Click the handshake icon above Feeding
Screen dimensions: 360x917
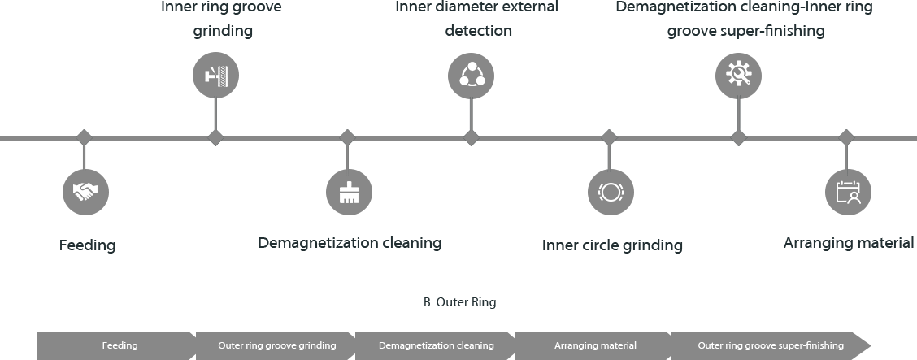[85, 192]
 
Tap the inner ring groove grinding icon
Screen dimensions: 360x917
[215, 76]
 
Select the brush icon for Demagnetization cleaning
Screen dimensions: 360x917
[349, 192]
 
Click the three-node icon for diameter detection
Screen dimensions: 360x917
[471, 76]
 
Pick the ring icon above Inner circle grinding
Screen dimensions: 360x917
[610, 192]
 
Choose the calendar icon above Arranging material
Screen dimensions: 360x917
[847, 192]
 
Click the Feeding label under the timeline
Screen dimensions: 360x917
[87, 245]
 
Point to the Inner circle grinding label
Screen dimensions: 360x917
[612, 245]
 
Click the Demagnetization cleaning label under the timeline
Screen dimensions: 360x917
[350, 243]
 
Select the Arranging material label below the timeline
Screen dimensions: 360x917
[849, 242]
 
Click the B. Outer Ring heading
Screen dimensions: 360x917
[459, 302]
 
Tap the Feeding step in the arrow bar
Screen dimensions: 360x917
[119, 345]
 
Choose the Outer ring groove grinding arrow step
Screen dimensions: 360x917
[276, 345]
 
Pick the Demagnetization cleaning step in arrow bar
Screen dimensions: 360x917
[436, 345]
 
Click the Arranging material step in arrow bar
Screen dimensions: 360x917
[595, 345]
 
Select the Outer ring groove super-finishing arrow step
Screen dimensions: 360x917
[770, 345]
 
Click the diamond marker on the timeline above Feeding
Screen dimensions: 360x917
[82, 137]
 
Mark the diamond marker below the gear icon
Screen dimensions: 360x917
[738, 137]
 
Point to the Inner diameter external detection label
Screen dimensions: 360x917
[476, 19]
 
